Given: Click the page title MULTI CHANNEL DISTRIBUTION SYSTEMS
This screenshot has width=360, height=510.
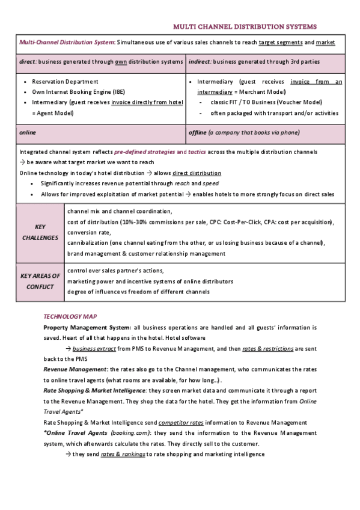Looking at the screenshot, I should click(x=245, y=26).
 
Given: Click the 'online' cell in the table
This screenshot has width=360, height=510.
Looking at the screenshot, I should click(x=27, y=132).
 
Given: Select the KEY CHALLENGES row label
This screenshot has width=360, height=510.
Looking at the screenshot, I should click(x=40, y=232).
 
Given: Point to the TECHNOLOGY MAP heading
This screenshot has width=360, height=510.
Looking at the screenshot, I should click(x=70, y=316).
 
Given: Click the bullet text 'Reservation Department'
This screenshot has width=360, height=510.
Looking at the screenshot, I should click(x=65, y=81).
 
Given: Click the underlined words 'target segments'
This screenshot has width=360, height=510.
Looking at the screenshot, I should click(x=280, y=43).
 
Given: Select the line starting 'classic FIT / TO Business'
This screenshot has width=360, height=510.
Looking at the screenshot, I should click(x=266, y=102).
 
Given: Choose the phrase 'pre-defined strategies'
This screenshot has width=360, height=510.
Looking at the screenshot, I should click(x=144, y=152).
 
